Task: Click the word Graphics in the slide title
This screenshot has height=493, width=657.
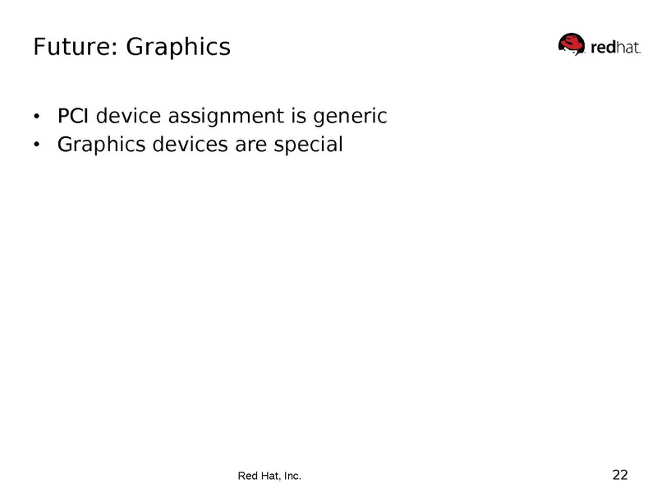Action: click(x=178, y=47)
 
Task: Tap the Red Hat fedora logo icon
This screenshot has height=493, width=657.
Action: click(x=573, y=44)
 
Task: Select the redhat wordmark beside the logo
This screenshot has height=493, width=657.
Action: click(x=615, y=48)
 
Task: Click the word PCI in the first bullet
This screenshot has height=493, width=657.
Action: click(x=74, y=117)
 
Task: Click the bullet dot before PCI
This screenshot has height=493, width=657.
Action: click(x=36, y=117)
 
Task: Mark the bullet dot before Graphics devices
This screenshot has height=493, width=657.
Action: click(x=36, y=146)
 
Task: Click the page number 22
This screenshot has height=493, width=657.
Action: click(x=620, y=474)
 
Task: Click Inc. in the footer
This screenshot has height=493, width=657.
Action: click(x=292, y=476)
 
